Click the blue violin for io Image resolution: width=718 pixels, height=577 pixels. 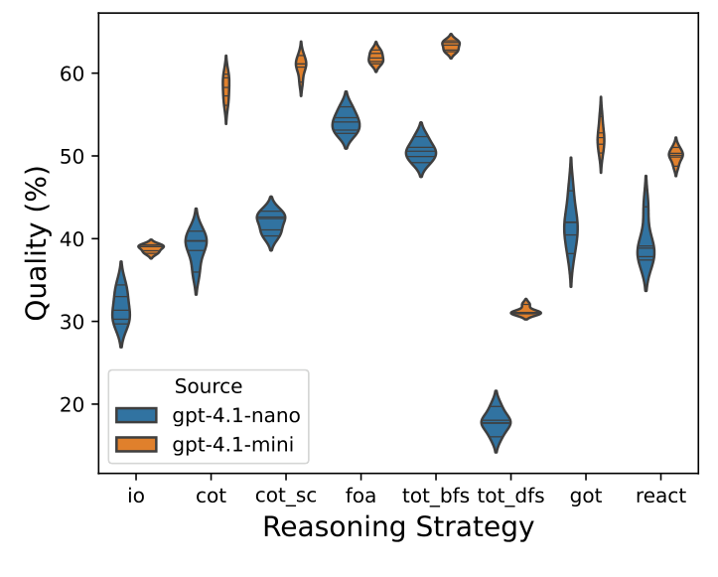tap(121, 310)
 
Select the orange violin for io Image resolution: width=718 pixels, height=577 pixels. tap(151, 249)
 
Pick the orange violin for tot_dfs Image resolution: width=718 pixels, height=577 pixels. tap(525, 312)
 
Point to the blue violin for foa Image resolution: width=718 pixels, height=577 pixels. tap(346, 122)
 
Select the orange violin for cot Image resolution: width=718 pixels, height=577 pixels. tap(225, 88)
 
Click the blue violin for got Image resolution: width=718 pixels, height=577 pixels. tap(570, 226)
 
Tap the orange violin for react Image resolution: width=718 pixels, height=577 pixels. tap(675, 155)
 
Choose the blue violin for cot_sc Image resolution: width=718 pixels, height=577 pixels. tap(270, 221)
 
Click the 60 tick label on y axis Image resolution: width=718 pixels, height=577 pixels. tap(80, 73)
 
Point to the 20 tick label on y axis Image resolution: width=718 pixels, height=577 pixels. tap(80, 404)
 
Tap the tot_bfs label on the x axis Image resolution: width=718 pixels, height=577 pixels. tap(435, 496)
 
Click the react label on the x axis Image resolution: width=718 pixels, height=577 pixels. tap(660, 496)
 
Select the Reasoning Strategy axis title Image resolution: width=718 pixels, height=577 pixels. tap(398, 527)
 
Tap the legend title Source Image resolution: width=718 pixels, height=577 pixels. tap(209, 385)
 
